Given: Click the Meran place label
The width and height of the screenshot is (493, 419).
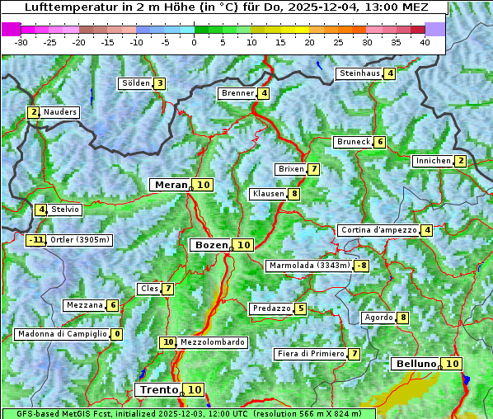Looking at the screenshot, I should (x=171, y=185).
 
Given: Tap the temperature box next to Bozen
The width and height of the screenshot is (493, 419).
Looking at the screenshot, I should (x=243, y=245).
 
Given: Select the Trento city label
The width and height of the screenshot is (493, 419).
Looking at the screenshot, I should (x=158, y=389).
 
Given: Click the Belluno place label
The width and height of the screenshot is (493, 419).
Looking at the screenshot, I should (x=415, y=364).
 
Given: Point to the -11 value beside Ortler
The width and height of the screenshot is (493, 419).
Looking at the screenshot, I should (x=35, y=240).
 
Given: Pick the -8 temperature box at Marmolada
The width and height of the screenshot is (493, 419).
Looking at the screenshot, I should (x=361, y=266).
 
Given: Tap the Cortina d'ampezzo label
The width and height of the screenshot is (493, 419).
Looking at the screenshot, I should (x=378, y=230).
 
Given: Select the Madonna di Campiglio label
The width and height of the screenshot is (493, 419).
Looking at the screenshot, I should (x=62, y=334).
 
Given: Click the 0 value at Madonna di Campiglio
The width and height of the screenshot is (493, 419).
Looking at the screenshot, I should (x=117, y=334).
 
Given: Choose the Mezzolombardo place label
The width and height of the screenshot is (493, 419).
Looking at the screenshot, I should (x=212, y=342).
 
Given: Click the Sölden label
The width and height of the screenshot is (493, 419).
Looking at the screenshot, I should (x=136, y=83).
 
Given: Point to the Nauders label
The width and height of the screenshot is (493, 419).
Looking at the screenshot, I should (x=60, y=112).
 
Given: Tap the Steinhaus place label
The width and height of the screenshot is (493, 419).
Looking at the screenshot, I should (x=359, y=73).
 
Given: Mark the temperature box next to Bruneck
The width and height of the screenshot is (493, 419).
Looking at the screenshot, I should (x=379, y=142).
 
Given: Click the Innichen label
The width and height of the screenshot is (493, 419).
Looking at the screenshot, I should (x=433, y=161).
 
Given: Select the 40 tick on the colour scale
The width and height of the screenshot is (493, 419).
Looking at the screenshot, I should (x=425, y=43).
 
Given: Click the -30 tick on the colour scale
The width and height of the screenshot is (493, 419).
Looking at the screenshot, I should (x=21, y=43).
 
